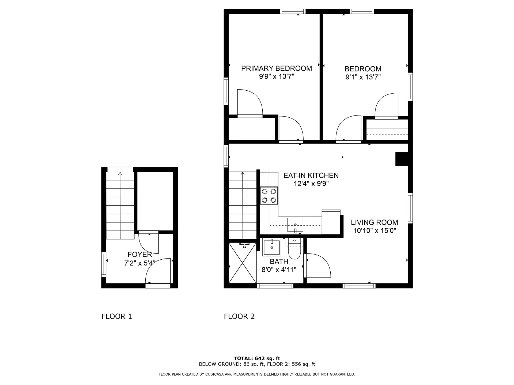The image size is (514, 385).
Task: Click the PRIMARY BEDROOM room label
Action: (x=277, y=68)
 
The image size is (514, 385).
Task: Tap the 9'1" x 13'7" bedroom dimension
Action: (x=363, y=77)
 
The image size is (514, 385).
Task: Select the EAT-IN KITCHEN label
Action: (x=311, y=175)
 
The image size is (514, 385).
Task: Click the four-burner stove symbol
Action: (x=269, y=196)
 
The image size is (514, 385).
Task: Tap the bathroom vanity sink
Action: (x=272, y=247)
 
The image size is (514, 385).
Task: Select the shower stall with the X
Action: (x=243, y=263)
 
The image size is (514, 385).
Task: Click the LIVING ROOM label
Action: (x=374, y=222)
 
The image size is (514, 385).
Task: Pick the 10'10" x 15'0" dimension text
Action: (x=374, y=230)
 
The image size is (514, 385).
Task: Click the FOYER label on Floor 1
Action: (x=140, y=255)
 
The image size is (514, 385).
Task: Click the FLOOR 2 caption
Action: (x=239, y=317)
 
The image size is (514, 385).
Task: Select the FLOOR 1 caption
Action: (x=117, y=317)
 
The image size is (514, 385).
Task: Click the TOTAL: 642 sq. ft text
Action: (x=257, y=359)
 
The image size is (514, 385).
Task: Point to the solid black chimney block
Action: (x=402, y=159)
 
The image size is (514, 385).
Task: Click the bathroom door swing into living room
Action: (x=318, y=266)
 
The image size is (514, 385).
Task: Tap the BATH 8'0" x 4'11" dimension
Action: (x=279, y=269)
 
